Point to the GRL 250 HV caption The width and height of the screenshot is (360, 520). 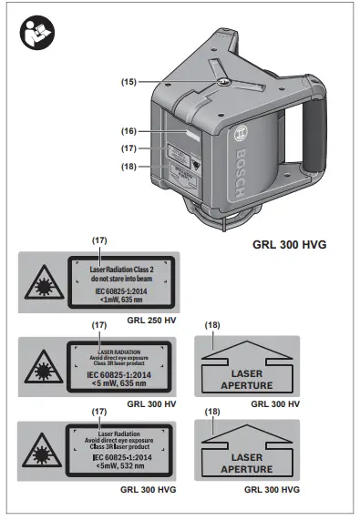pyautogui.click(x=150, y=321)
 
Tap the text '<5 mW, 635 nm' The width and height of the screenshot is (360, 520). pyautogui.click(x=118, y=382)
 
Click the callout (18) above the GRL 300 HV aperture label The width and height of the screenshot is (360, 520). pyautogui.click(x=211, y=325)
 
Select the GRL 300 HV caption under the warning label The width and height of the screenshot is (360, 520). pyautogui.click(x=150, y=403)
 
